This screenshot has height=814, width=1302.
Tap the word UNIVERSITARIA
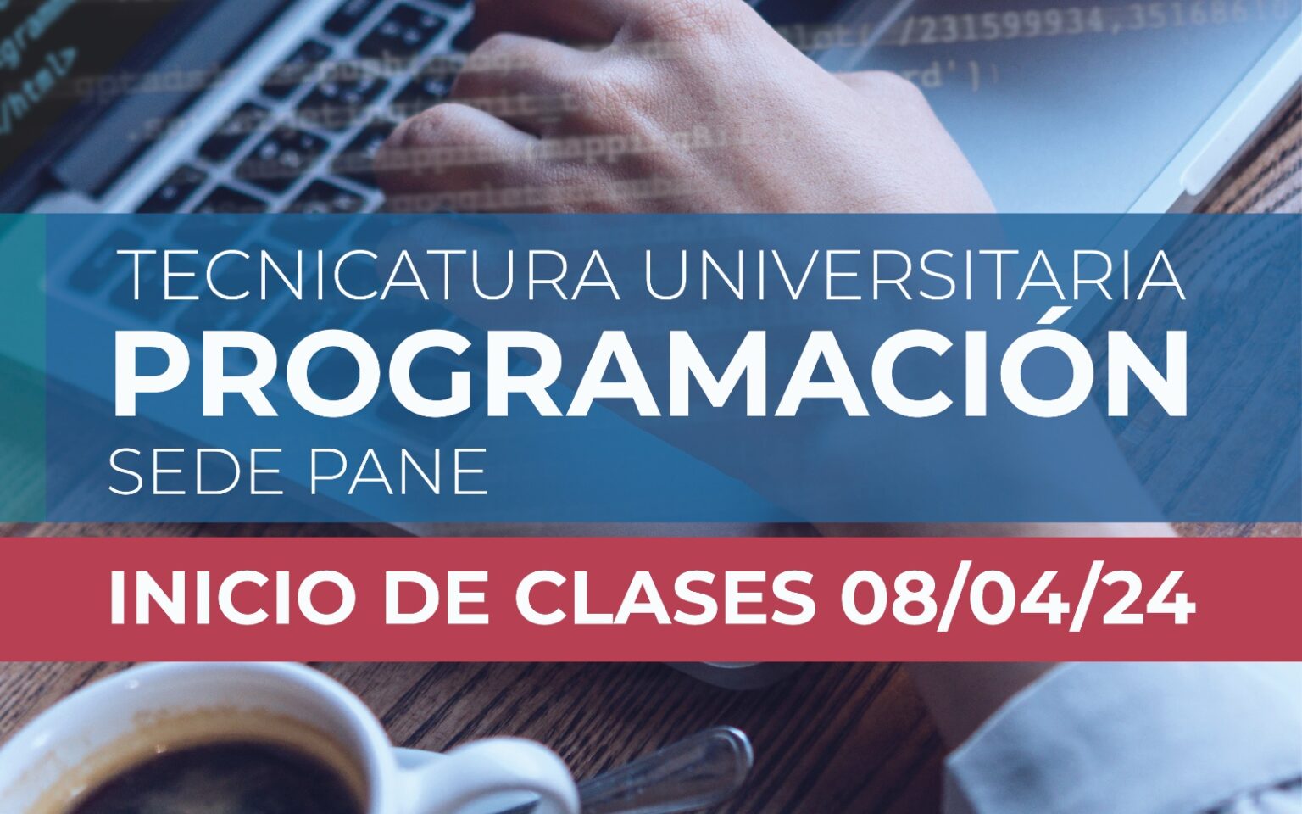coord(914,275)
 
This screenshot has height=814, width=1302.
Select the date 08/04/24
coord(1017,600)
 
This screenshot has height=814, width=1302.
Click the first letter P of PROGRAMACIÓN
coord(151,374)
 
